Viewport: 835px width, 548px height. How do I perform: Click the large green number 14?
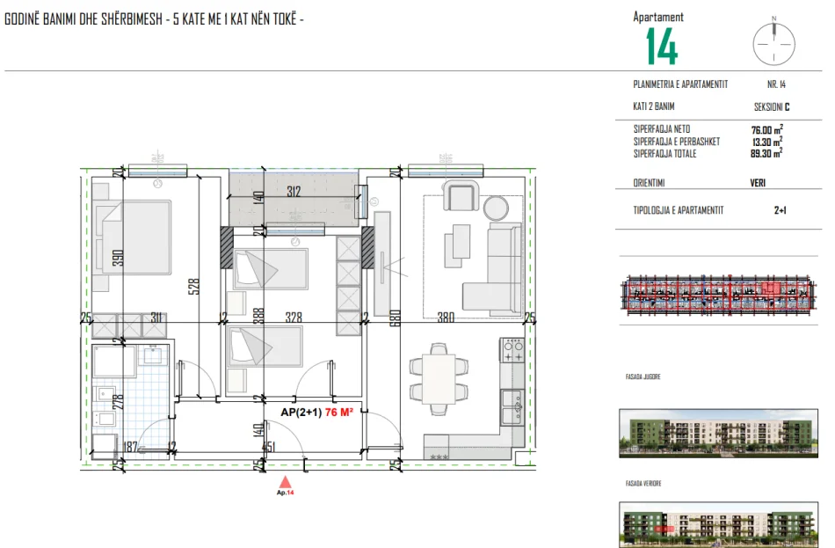pos(662,47)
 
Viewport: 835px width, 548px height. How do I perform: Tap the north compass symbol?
pos(773,41)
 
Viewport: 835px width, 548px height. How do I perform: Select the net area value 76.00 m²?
pos(761,129)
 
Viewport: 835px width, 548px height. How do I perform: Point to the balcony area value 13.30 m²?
pos(761,142)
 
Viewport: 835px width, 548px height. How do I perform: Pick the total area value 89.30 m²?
pos(761,153)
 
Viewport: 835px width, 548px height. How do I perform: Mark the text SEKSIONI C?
pos(772,106)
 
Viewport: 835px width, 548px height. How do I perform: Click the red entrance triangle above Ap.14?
pos(284,481)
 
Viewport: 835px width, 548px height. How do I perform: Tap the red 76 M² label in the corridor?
pos(338,412)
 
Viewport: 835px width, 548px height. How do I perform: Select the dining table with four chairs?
pos(439,376)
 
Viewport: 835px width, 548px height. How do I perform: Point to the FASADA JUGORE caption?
pos(637,376)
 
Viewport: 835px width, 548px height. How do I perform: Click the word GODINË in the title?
pos(22,19)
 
